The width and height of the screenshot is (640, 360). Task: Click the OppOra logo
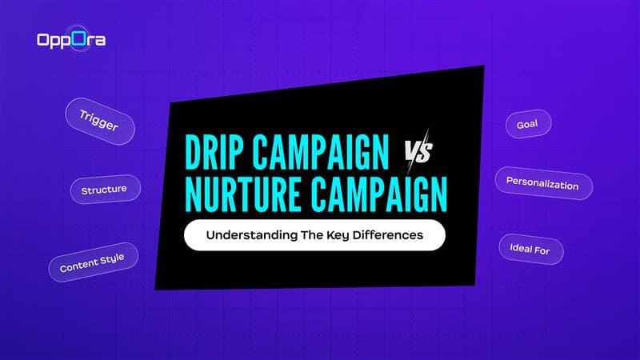pos(70,39)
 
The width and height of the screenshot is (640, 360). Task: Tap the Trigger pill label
pos(99,119)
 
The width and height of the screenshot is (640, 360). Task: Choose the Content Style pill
pos(93,261)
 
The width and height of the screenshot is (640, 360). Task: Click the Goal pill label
pos(528,125)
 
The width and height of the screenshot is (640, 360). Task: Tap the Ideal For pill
pos(530,248)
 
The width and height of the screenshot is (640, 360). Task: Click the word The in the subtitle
pos(307,236)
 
